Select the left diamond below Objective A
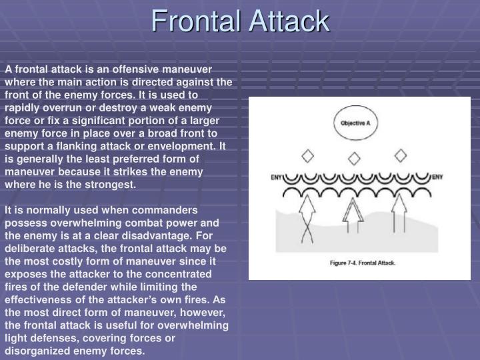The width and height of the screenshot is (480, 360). [x=307, y=157]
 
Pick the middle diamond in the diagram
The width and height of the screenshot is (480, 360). [x=353, y=159]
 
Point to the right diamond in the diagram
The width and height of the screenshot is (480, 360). [x=400, y=156]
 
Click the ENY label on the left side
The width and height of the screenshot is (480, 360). [x=277, y=178]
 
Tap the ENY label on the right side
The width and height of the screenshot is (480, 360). [x=437, y=177]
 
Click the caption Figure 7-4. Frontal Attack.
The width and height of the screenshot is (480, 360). [x=363, y=263]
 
